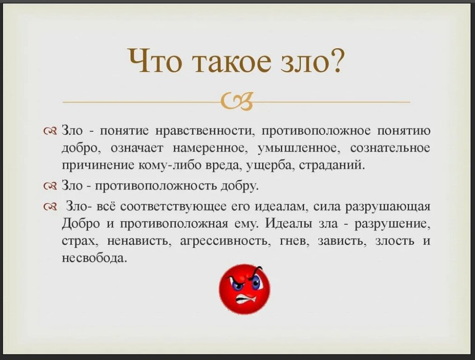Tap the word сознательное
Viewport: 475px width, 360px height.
click(390, 148)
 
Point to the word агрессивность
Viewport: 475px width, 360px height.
click(224, 242)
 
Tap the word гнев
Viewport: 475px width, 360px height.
click(293, 242)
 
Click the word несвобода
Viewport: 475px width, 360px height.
click(94, 258)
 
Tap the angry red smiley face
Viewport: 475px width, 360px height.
click(244, 289)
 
